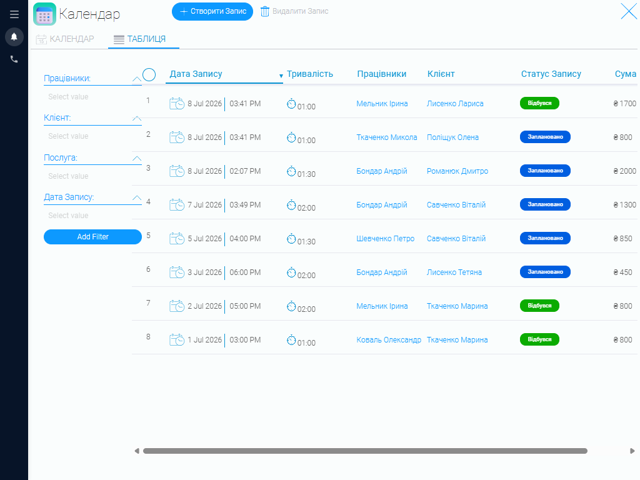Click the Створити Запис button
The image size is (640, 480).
point(212,11)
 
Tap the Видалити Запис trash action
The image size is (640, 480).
point(294,11)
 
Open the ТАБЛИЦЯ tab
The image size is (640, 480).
point(140,39)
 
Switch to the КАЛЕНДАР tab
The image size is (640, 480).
point(65,39)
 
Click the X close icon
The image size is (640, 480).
point(629,11)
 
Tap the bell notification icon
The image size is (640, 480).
point(14,37)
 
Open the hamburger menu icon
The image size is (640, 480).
point(14,14)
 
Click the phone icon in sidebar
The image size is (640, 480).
point(14,59)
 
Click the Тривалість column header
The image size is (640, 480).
point(310,74)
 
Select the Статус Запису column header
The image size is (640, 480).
point(551,74)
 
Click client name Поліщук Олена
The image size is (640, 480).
point(452,137)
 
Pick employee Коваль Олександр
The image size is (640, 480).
point(389,340)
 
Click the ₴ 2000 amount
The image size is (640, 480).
point(624,171)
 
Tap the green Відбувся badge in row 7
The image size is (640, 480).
point(539,306)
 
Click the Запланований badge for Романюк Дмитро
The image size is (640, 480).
point(545,171)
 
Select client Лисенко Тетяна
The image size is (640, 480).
point(454,272)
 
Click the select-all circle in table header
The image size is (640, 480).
point(149,75)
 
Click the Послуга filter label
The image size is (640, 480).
point(61,158)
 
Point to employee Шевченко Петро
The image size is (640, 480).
point(385,239)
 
